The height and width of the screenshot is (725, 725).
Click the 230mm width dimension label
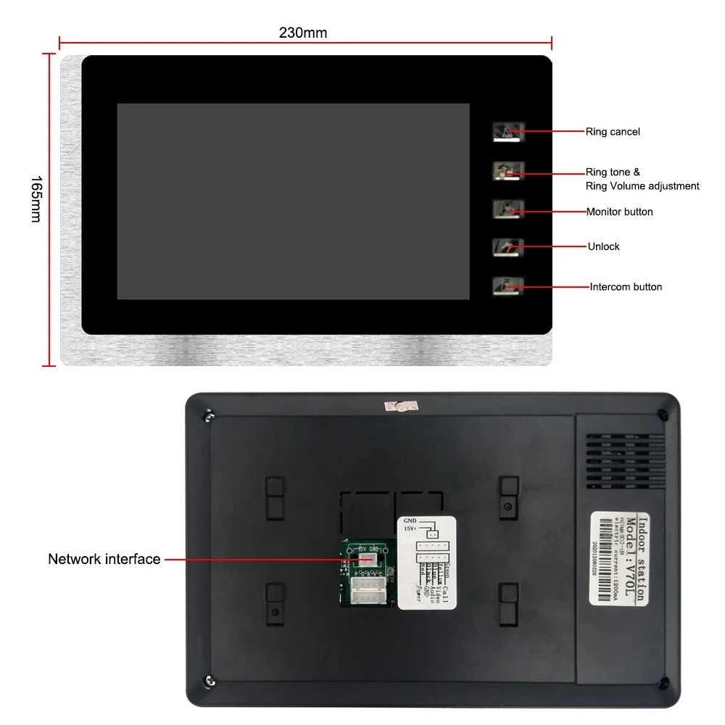pyautogui.click(x=302, y=33)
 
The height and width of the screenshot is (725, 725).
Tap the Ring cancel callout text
pyautogui.click(x=613, y=132)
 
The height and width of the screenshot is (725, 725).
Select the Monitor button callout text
pyautogui.click(x=619, y=212)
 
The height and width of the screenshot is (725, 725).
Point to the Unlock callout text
pyautogui.click(x=603, y=246)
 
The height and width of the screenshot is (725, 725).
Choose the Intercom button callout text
pyautogui.click(x=626, y=287)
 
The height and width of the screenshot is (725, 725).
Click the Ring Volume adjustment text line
pyautogui.click(x=642, y=186)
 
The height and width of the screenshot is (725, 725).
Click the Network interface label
pyautogui.click(x=104, y=559)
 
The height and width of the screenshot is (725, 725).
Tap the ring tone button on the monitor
pyautogui.click(x=504, y=171)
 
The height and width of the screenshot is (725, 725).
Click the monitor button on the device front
pyautogui.click(x=504, y=210)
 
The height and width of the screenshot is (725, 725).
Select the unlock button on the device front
pyautogui.click(x=504, y=247)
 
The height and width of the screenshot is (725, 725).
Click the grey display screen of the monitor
pyautogui.click(x=293, y=201)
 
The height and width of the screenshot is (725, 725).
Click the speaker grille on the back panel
pyautogui.click(x=625, y=450)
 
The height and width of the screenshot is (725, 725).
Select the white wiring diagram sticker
pyautogui.click(x=427, y=562)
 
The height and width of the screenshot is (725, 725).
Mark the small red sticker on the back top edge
pyautogui.click(x=397, y=405)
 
